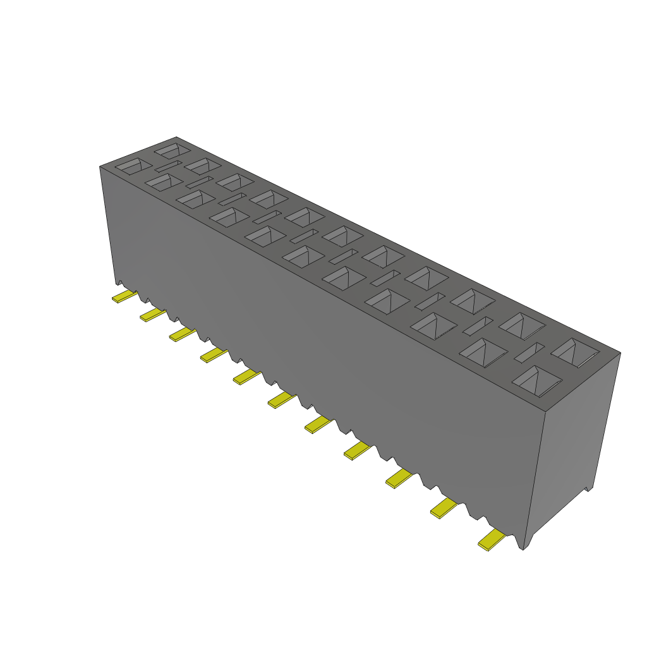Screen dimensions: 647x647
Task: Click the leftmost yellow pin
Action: pos(124,296)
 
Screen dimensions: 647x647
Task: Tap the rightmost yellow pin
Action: pos(492,540)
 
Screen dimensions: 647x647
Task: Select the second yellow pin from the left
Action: pos(152,314)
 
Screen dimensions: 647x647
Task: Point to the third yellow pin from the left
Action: pos(182,334)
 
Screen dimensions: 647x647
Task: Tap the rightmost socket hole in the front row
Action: pos(537,381)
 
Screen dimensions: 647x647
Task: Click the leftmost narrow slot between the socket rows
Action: pos(168,167)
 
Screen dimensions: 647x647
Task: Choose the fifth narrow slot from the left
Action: pos(305,236)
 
